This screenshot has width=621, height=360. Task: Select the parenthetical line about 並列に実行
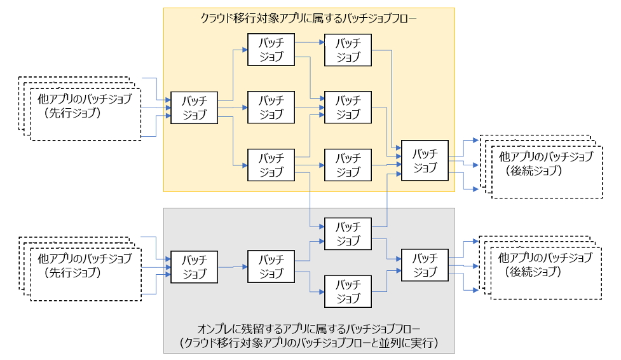coord(310,344)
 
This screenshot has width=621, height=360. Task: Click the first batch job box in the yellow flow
coord(194,108)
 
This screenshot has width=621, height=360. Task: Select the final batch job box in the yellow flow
coord(425,160)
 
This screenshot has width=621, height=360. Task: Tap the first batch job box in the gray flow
coord(194,267)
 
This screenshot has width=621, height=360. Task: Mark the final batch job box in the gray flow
coord(425,265)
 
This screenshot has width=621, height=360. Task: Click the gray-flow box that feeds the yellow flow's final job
coord(348,233)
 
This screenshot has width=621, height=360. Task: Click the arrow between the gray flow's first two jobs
coord(233,267)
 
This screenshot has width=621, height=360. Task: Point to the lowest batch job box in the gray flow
coord(348,291)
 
